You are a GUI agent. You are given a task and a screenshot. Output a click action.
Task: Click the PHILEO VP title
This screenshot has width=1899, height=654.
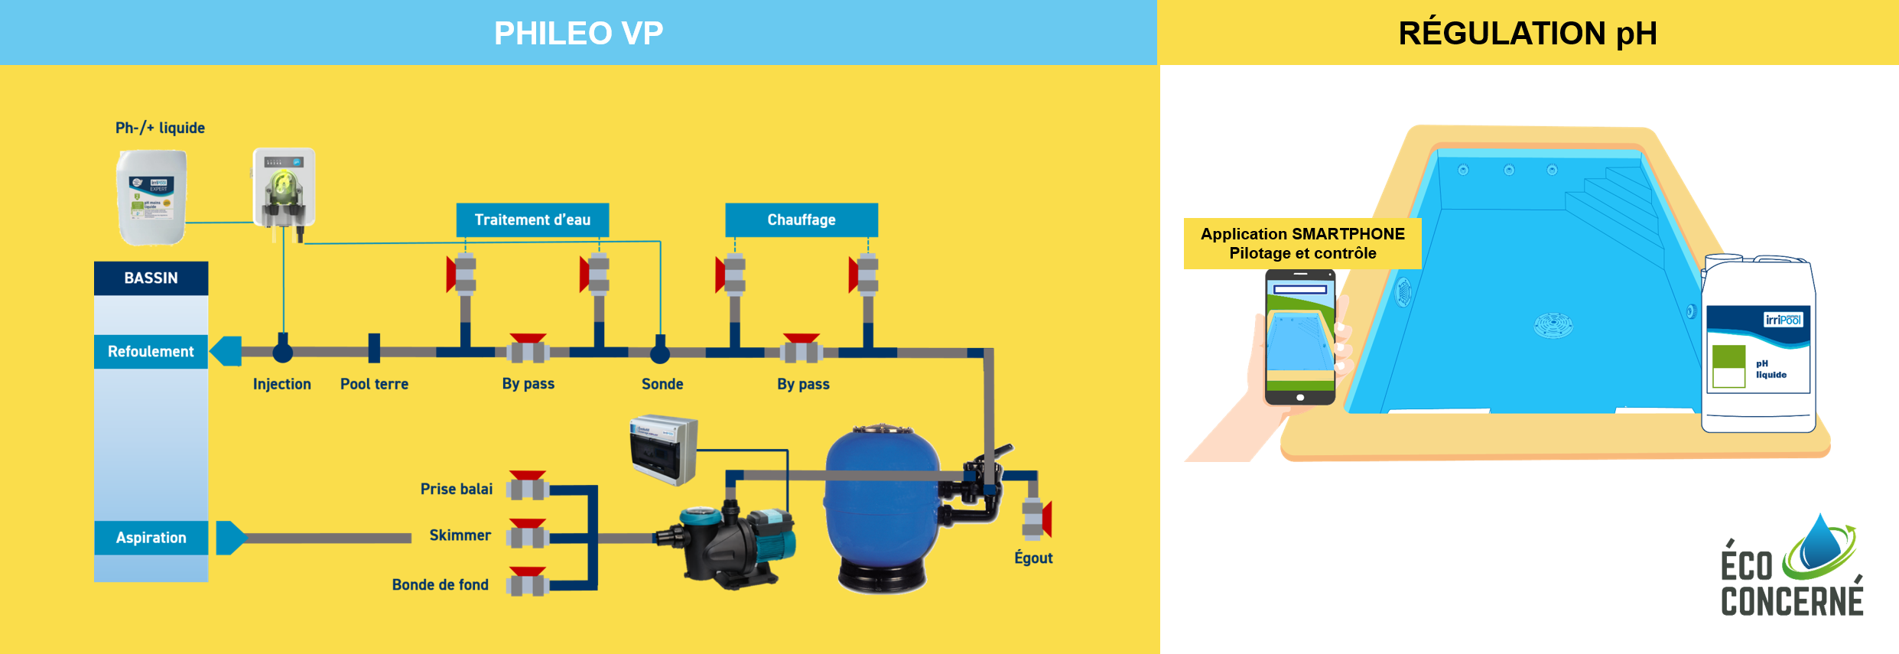(578, 34)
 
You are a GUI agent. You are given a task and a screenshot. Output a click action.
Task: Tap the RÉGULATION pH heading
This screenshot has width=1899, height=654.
(1527, 34)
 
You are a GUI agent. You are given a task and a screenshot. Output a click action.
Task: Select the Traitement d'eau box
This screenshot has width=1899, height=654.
(532, 220)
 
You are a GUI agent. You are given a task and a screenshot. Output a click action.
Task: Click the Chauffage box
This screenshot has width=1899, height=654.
(801, 220)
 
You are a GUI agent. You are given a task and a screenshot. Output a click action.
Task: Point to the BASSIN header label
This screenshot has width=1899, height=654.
(151, 278)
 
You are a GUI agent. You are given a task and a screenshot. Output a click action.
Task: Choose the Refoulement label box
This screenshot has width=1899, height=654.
(151, 352)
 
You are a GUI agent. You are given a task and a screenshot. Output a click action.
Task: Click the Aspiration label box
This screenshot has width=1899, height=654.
(151, 538)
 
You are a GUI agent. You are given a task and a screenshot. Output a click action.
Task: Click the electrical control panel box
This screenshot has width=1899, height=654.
(663, 450)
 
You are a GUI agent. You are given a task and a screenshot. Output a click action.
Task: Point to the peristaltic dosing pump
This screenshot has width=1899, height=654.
(284, 188)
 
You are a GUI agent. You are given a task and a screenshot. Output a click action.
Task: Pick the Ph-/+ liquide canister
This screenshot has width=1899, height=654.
(151, 197)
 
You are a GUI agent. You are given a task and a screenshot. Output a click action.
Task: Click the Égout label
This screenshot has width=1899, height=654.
(1033, 558)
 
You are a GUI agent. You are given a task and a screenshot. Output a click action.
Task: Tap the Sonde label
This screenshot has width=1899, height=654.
(662, 384)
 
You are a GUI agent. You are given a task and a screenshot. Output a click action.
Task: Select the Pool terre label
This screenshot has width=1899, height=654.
(374, 384)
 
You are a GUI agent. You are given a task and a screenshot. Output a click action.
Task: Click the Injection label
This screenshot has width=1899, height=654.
(281, 384)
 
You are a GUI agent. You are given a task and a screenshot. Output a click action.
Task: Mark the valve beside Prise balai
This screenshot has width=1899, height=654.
(528, 486)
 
